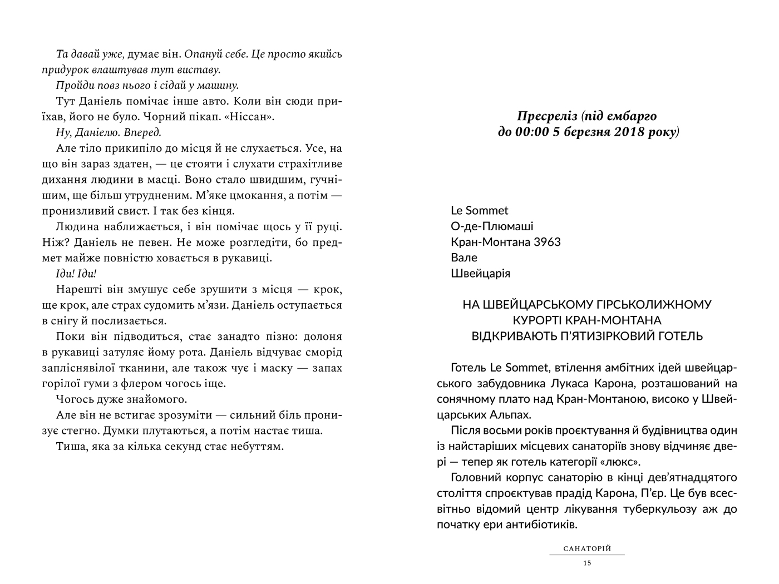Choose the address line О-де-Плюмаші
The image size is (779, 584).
tap(492, 226)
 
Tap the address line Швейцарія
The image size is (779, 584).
tap(480, 274)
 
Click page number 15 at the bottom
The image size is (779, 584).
tap(587, 563)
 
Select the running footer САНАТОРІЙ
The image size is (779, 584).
tap(587, 549)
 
